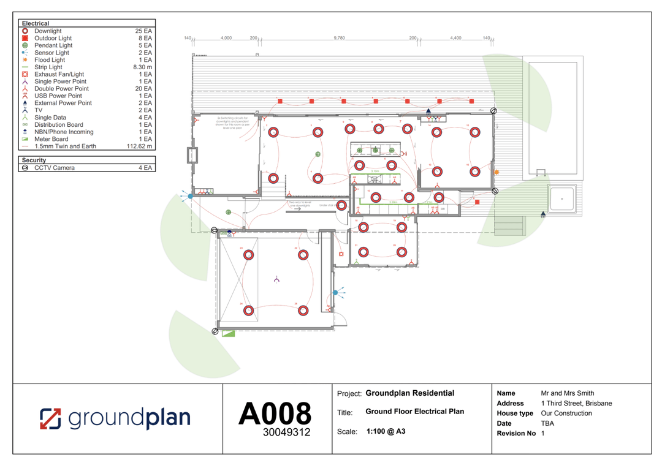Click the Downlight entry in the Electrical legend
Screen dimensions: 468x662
click(48, 31)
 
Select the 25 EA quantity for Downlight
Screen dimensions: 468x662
click(144, 31)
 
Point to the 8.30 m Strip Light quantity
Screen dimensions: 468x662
click(143, 67)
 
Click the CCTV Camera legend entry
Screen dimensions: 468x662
click(55, 167)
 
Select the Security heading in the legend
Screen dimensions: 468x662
click(34, 160)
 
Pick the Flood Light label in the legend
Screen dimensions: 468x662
click(50, 59)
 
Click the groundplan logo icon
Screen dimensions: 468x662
click(51, 418)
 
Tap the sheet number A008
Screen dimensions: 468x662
click(275, 413)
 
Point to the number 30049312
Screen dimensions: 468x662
click(287, 432)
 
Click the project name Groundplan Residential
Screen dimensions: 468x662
click(410, 393)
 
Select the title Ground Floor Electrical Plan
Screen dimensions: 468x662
click(415, 412)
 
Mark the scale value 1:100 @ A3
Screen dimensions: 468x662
click(386, 431)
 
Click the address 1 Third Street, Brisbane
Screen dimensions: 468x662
click(576, 403)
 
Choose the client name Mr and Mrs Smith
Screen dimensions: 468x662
click(568, 393)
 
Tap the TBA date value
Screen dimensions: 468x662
click(547, 423)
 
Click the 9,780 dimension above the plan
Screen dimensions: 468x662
click(339, 38)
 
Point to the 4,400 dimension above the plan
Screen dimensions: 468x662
click(455, 38)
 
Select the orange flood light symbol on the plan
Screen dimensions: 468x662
click(496, 173)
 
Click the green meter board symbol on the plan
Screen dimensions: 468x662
click(229, 334)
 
